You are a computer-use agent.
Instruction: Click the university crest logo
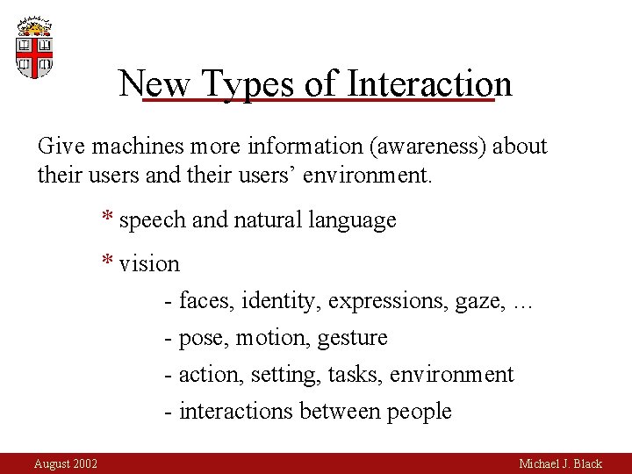tap(34, 47)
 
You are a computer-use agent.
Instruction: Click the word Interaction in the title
tap(430, 84)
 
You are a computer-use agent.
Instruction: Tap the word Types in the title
tap(247, 84)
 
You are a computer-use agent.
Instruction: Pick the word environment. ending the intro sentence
tap(368, 175)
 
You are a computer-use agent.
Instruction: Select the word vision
tap(149, 264)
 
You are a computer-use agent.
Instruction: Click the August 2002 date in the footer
tap(66, 463)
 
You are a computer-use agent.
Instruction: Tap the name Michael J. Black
tap(560, 463)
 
